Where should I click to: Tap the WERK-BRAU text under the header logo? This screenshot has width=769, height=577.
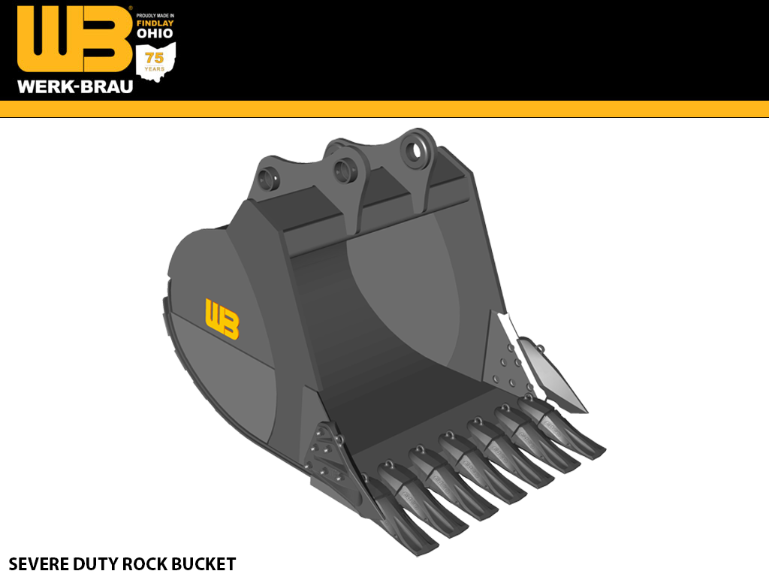tap(75, 86)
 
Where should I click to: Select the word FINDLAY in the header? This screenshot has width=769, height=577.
tap(155, 23)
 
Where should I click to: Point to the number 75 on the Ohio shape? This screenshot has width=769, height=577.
tap(154, 59)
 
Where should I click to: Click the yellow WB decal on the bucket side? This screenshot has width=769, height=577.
tap(222, 319)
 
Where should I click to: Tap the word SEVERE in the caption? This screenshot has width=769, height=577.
tap(37, 563)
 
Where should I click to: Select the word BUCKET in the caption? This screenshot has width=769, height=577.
tap(207, 563)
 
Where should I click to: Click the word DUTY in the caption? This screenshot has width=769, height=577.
tap(99, 563)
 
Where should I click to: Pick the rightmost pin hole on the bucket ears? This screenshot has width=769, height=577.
tap(414, 148)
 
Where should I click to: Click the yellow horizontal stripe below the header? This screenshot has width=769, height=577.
tap(384, 109)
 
